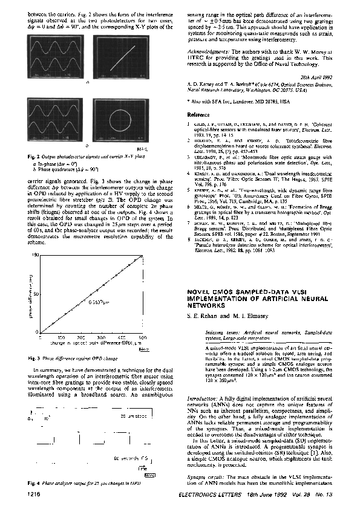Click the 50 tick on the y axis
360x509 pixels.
pyautogui.click(x=37, y=294)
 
